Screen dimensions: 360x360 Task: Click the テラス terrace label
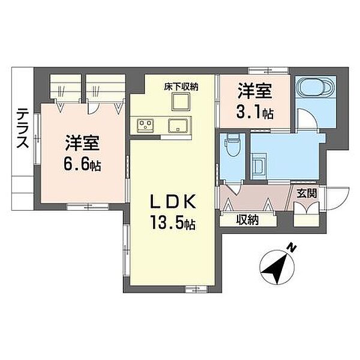click(23, 128)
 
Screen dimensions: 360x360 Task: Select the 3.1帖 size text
click(254, 112)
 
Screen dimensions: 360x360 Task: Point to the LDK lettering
click(173, 202)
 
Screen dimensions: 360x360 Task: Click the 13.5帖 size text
click(173, 223)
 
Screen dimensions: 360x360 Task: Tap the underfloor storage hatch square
click(181, 102)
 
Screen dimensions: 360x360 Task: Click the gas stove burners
click(146, 125)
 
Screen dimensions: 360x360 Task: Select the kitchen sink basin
click(178, 125)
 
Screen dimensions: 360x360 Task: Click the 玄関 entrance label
click(307, 193)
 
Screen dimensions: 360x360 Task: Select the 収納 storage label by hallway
click(247, 220)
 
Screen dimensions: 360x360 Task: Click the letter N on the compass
click(292, 248)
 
